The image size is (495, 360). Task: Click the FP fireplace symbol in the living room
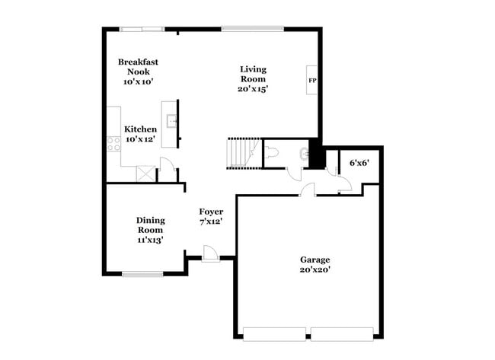[312, 80]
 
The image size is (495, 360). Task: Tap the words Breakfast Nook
[138, 66]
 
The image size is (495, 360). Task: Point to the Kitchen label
[141, 129]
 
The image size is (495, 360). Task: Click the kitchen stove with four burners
[113, 142]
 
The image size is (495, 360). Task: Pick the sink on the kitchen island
[172, 119]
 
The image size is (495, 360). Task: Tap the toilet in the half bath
[274, 153]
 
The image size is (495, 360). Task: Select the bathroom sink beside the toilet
[305, 153]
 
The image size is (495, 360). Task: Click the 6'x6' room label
[358, 163]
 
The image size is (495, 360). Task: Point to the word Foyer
[211, 211]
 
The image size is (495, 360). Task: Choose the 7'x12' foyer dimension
[211, 221]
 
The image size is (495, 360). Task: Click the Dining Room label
[150, 225]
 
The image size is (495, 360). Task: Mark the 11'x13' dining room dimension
[150, 240]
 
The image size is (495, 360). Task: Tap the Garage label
[314, 260]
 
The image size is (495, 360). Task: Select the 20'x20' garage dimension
[314, 269]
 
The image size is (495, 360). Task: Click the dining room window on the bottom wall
[143, 274]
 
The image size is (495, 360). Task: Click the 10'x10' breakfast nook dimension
[138, 81]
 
